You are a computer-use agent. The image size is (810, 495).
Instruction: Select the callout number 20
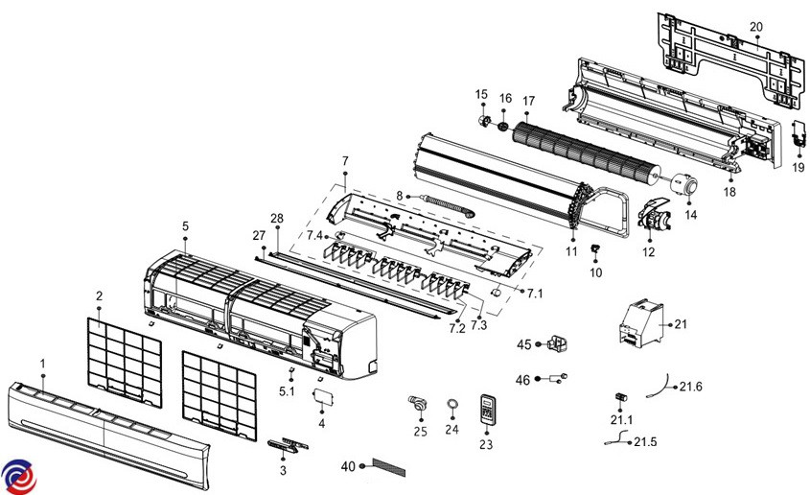click(755, 26)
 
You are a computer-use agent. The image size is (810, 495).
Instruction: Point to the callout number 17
click(528, 101)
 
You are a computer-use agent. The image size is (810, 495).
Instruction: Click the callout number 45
click(524, 344)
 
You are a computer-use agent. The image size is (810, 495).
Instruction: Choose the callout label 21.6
click(691, 387)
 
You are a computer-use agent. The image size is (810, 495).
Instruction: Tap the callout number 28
click(277, 220)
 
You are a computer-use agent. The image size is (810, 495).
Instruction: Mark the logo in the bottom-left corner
click(15, 475)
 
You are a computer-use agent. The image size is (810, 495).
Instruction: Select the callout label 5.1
click(287, 390)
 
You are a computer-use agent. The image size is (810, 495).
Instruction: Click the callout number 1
click(42, 364)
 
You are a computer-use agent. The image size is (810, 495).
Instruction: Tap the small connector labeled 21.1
click(620, 397)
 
